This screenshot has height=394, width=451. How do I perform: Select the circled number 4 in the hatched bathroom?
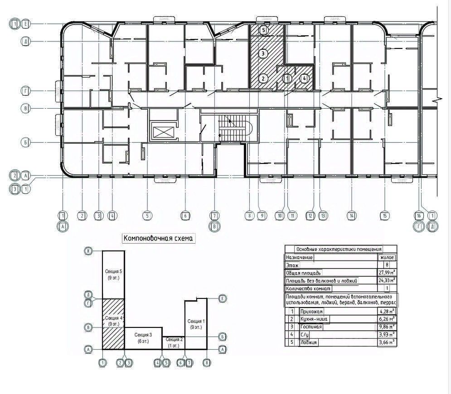(x=305, y=78)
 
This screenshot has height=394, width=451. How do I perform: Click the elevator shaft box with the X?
(x=161, y=132)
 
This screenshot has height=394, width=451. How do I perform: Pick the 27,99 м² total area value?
(x=387, y=273)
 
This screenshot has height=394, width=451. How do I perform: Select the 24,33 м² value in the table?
(x=387, y=281)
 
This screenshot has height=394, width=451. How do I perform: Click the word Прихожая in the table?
(x=311, y=312)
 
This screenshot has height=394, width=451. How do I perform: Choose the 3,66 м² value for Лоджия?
(x=387, y=343)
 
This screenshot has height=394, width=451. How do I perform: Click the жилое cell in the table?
(x=387, y=257)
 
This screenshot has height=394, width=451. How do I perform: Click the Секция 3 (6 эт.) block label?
(x=143, y=337)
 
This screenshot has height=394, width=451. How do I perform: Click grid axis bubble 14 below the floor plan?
(x=351, y=216)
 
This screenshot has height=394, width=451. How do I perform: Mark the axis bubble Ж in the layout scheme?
(x=89, y=251)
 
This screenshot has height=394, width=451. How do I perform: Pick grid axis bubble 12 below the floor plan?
(x=310, y=216)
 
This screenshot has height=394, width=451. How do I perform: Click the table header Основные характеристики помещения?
(x=339, y=249)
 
